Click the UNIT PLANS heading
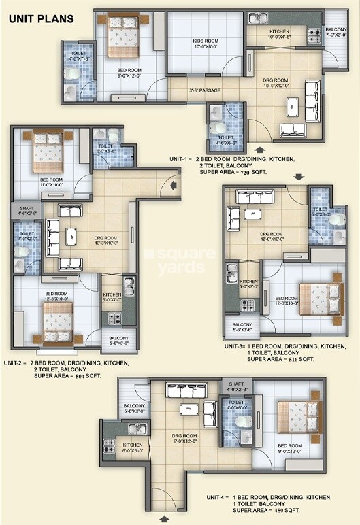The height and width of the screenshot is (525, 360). [x=41, y=18]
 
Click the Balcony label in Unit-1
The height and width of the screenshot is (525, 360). [x=336, y=31]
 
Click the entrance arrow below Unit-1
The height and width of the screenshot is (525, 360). [x=259, y=148]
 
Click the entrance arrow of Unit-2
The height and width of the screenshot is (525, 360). [x=176, y=183]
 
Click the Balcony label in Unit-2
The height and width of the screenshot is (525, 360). [x=114, y=341]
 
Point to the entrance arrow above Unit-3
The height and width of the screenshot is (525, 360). [x=297, y=177]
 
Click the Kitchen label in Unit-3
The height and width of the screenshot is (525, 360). [x=248, y=284]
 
